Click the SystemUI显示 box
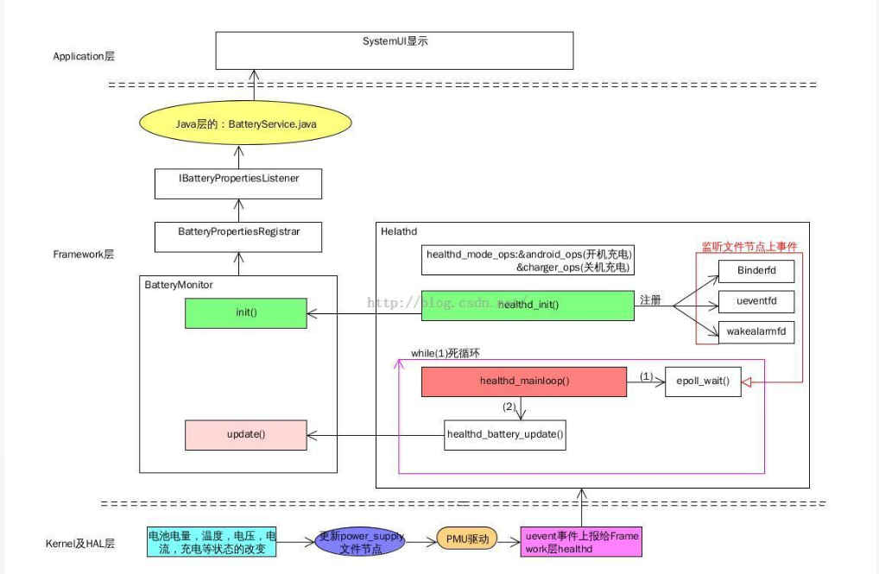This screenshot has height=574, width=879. click(x=395, y=50)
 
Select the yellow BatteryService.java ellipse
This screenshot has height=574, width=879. click(x=246, y=124)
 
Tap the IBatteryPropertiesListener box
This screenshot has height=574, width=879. click(x=238, y=182)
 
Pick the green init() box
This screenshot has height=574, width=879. click(x=246, y=313)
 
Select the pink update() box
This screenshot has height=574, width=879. click(x=246, y=435)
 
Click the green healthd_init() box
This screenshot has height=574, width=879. click(x=528, y=306)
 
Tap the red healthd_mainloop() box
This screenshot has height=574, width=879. click(x=524, y=382)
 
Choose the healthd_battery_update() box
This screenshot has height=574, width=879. click(x=505, y=434)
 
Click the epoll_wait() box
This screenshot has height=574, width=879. click(x=703, y=382)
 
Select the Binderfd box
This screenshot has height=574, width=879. click(x=756, y=270)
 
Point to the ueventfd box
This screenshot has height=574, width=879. click(x=756, y=301)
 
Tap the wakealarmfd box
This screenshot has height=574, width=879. click(x=756, y=331)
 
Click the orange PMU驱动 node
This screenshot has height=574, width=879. click(x=467, y=539)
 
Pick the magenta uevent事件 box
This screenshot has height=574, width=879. click(x=581, y=542)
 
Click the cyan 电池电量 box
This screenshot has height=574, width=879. click(x=212, y=542)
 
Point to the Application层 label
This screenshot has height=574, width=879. click(x=84, y=56)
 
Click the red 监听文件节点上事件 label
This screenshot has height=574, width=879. click(x=748, y=247)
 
